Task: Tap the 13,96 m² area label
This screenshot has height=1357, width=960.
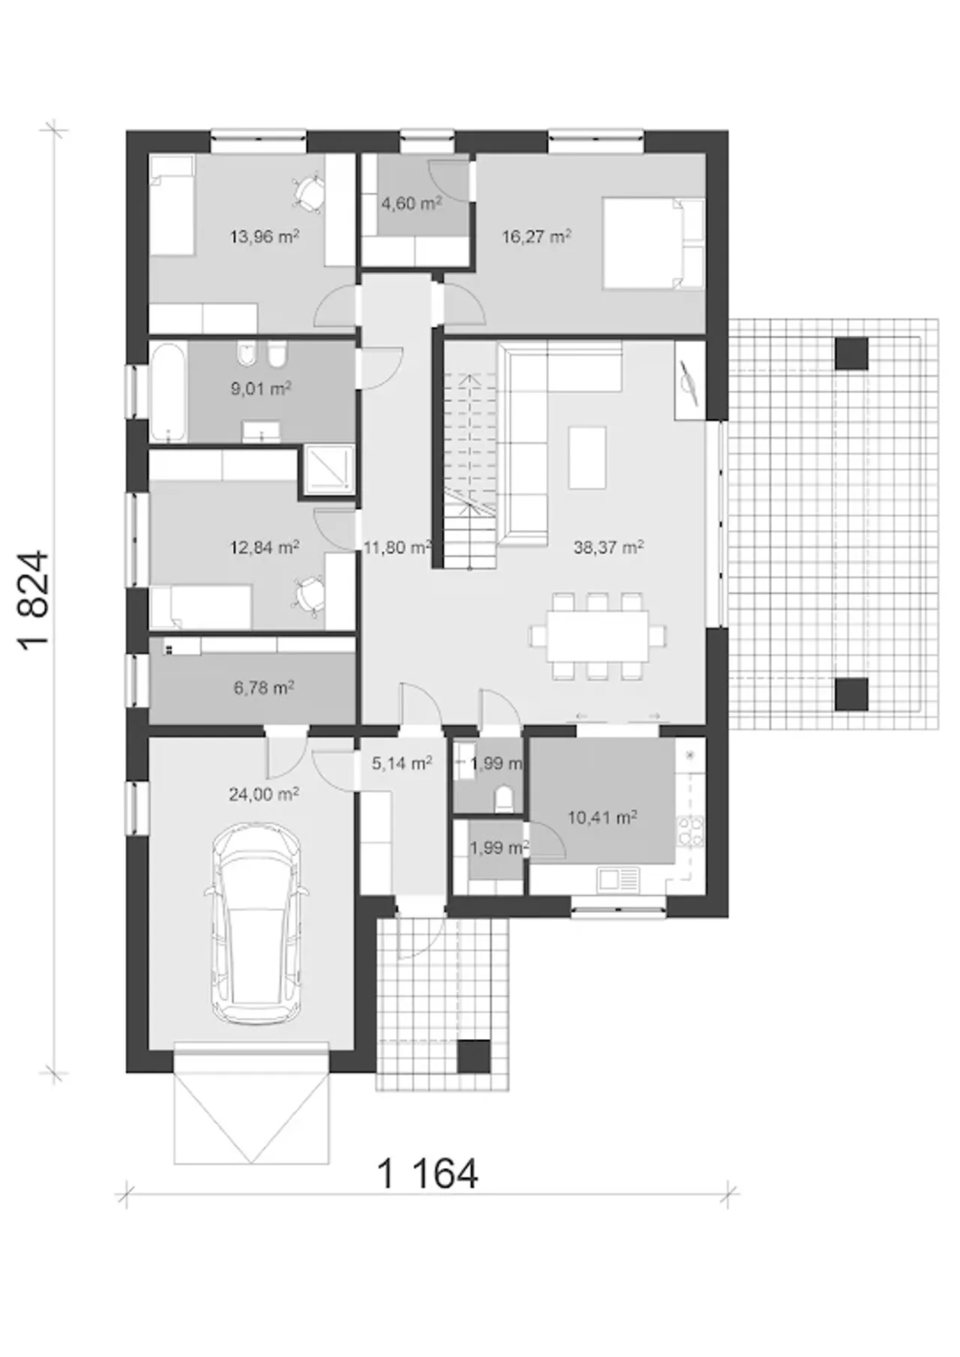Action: coord(265,237)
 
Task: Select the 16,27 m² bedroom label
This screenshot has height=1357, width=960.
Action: coord(536,237)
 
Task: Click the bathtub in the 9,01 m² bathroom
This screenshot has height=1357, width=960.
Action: coord(169,392)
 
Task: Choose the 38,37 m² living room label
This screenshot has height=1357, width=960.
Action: coord(608,547)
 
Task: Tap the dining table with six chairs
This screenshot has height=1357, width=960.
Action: coord(598,637)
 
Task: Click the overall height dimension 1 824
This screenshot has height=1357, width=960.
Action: coord(36,601)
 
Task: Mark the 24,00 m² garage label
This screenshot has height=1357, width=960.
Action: coord(264,794)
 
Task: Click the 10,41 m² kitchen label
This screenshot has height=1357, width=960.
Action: coord(602,817)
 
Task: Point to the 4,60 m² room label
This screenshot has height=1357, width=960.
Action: coord(411,202)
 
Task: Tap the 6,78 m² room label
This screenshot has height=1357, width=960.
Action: coord(264,687)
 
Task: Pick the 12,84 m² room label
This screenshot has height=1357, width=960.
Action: coord(265,547)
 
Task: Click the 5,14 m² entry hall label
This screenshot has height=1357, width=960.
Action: coord(402,763)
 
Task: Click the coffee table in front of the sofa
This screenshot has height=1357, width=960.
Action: coord(587,457)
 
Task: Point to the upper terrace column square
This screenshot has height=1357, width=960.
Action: coord(852,353)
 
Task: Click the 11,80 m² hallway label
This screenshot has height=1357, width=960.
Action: coord(397,547)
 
